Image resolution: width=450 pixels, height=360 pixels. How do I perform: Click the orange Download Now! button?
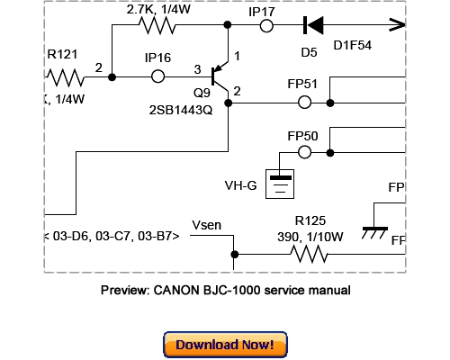pyautogui.click(x=225, y=345)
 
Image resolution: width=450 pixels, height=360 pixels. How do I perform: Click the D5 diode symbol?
pyautogui.click(x=314, y=26)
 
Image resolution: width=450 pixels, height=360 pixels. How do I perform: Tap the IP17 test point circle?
pyautogui.click(x=267, y=26)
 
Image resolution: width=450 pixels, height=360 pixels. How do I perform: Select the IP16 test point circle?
pyautogui.click(x=158, y=77)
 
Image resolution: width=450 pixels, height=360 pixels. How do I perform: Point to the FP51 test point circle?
pyautogui.click(x=304, y=103)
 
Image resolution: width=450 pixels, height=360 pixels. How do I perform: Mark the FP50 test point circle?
pyautogui.click(x=304, y=153)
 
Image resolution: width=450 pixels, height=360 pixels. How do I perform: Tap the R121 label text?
pyautogui.click(x=64, y=53)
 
